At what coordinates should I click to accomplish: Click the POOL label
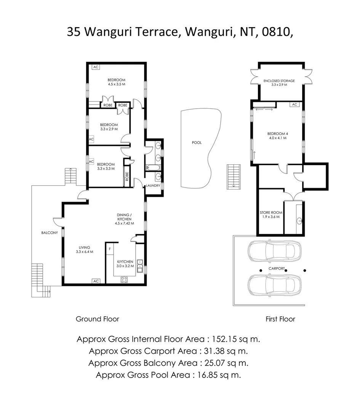(197, 143)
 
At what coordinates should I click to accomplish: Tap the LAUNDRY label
(153, 186)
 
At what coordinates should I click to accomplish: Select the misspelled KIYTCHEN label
(125, 262)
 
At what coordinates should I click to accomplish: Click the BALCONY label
(50, 233)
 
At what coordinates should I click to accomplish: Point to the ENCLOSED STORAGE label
(279, 81)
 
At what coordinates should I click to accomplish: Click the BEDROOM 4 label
(277, 133)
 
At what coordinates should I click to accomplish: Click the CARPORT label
(277, 269)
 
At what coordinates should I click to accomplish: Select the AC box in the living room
(96, 281)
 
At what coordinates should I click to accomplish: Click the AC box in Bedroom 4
(294, 104)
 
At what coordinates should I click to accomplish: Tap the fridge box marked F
(110, 249)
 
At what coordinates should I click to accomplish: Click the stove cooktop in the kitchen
(124, 279)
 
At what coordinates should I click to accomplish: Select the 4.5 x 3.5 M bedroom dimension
(116, 84)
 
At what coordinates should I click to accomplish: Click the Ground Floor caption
(98, 319)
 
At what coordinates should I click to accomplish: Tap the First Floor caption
(280, 319)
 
